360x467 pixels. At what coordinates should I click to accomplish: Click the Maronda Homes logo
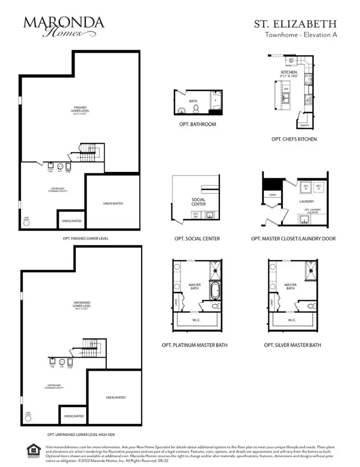[x=64, y=26]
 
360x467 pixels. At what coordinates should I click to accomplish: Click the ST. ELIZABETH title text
[x=301, y=24]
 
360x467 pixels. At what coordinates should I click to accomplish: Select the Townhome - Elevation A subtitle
[x=300, y=35]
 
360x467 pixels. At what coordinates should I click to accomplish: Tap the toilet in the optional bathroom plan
[x=196, y=109]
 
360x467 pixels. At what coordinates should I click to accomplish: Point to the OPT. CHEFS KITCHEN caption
[x=294, y=139]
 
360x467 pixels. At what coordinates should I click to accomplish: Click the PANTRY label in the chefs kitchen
[x=304, y=125]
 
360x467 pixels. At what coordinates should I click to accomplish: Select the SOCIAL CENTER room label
[x=199, y=202]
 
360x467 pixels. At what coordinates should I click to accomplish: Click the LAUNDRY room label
[x=306, y=201]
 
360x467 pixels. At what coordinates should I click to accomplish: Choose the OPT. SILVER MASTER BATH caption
[x=292, y=345]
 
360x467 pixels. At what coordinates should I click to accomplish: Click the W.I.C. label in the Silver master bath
[x=292, y=320]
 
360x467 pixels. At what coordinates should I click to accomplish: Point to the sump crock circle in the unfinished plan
[x=26, y=418]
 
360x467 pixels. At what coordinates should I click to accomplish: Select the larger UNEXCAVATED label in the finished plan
[x=113, y=203]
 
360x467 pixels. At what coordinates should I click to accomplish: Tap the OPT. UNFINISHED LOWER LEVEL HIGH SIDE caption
[x=81, y=435]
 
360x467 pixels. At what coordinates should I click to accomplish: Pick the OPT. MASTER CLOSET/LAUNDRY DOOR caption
[x=293, y=239]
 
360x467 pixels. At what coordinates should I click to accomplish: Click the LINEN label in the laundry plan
[x=273, y=195]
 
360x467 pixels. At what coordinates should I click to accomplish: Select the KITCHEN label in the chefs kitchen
[x=289, y=73]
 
